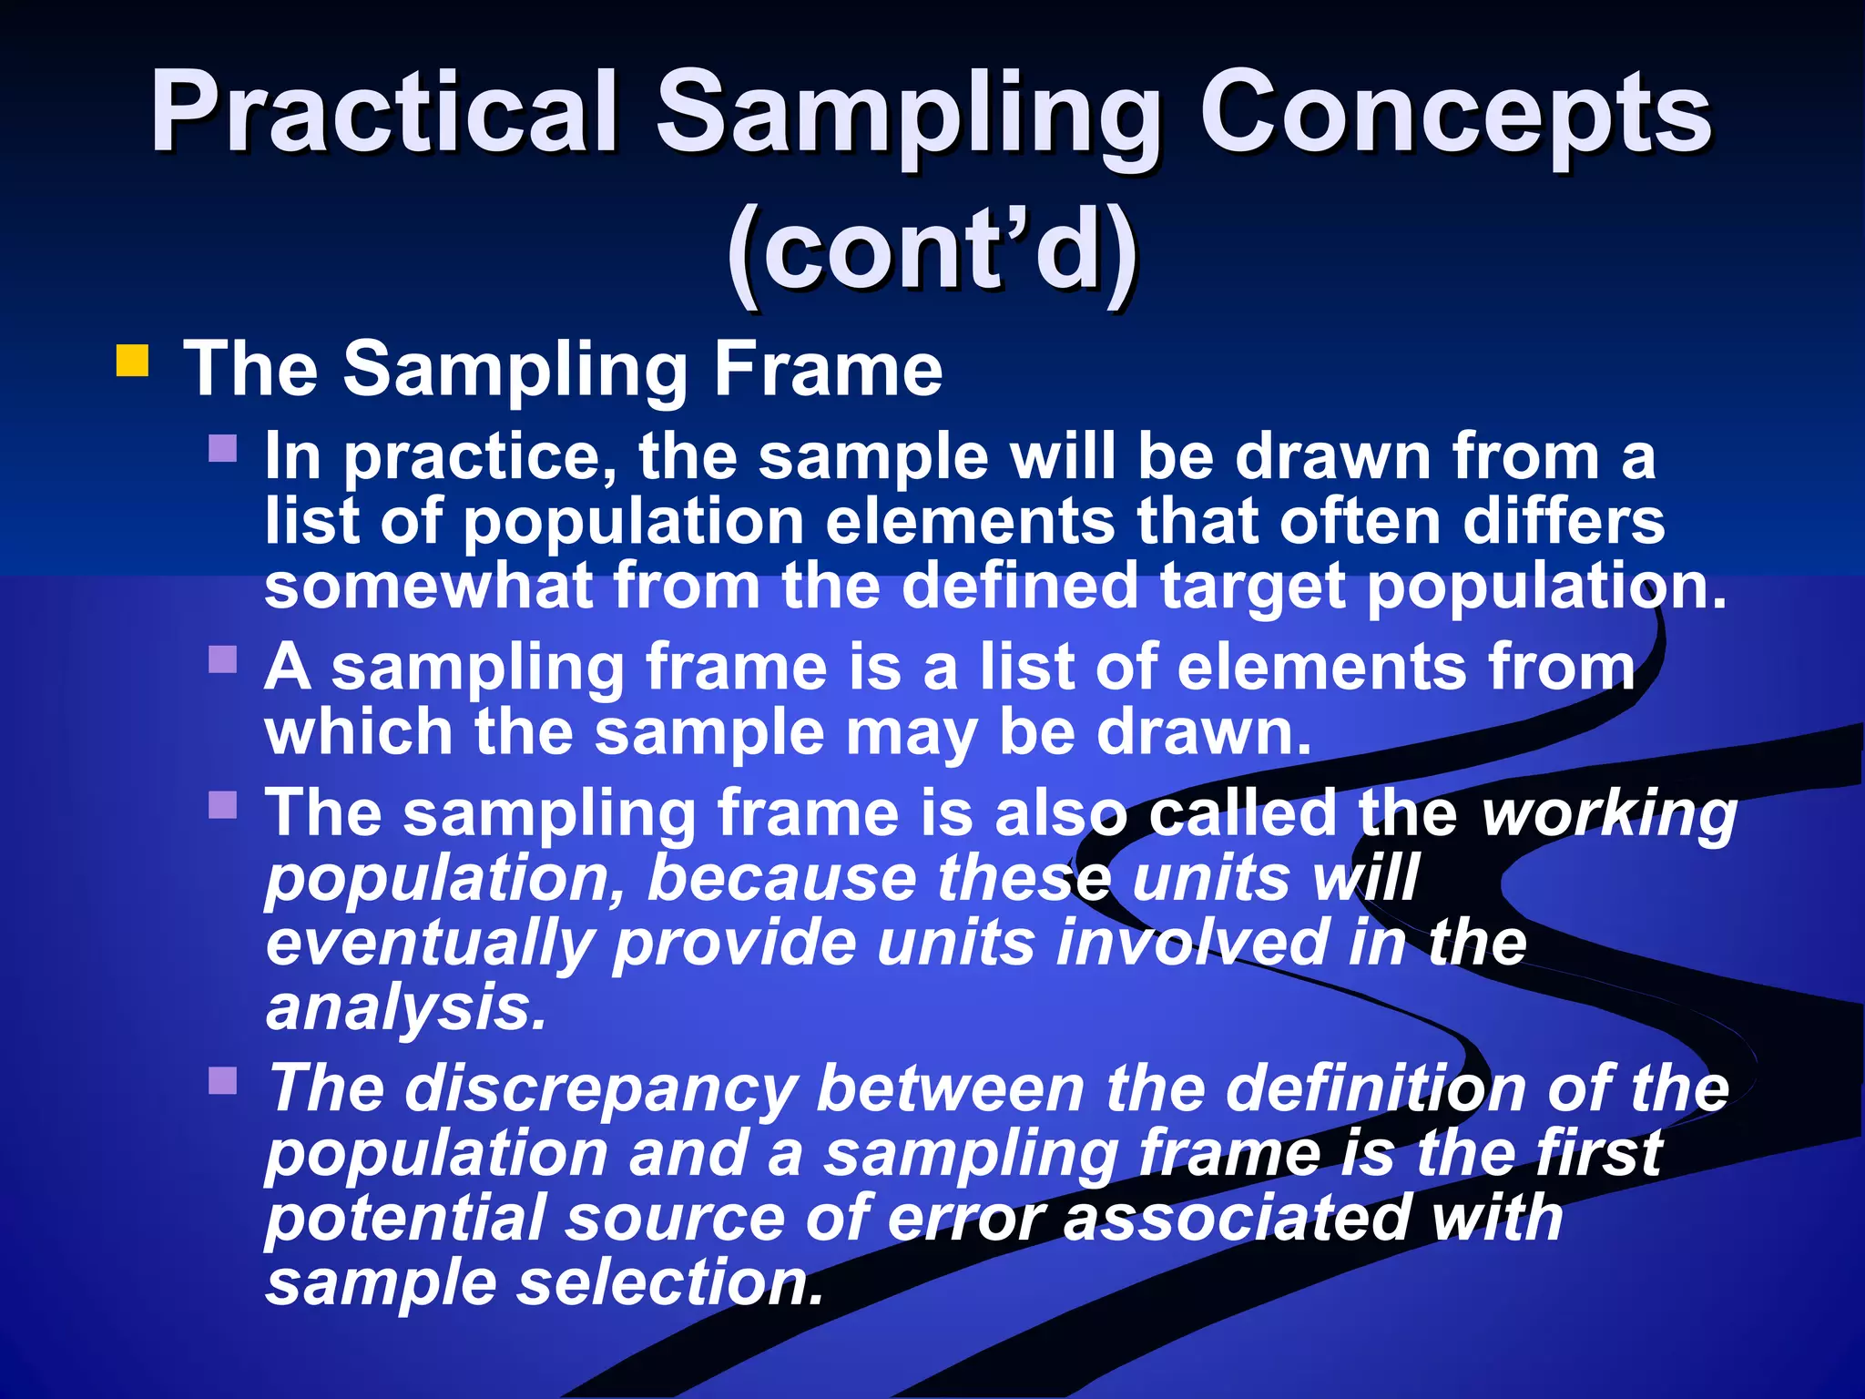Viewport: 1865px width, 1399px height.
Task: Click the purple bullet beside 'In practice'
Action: point(223,448)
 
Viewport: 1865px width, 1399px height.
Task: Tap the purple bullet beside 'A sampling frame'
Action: point(223,659)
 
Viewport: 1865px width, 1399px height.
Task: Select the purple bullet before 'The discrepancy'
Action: point(223,1081)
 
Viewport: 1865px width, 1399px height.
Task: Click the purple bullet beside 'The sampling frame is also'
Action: point(223,805)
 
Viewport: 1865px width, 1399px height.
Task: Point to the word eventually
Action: point(429,945)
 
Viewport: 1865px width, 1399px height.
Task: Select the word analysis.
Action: point(406,1009)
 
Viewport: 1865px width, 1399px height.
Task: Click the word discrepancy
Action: point(601,1090)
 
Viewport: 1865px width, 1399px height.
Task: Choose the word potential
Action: point(404,1219)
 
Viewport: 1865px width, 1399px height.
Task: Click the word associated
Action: point(1238,1219)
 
